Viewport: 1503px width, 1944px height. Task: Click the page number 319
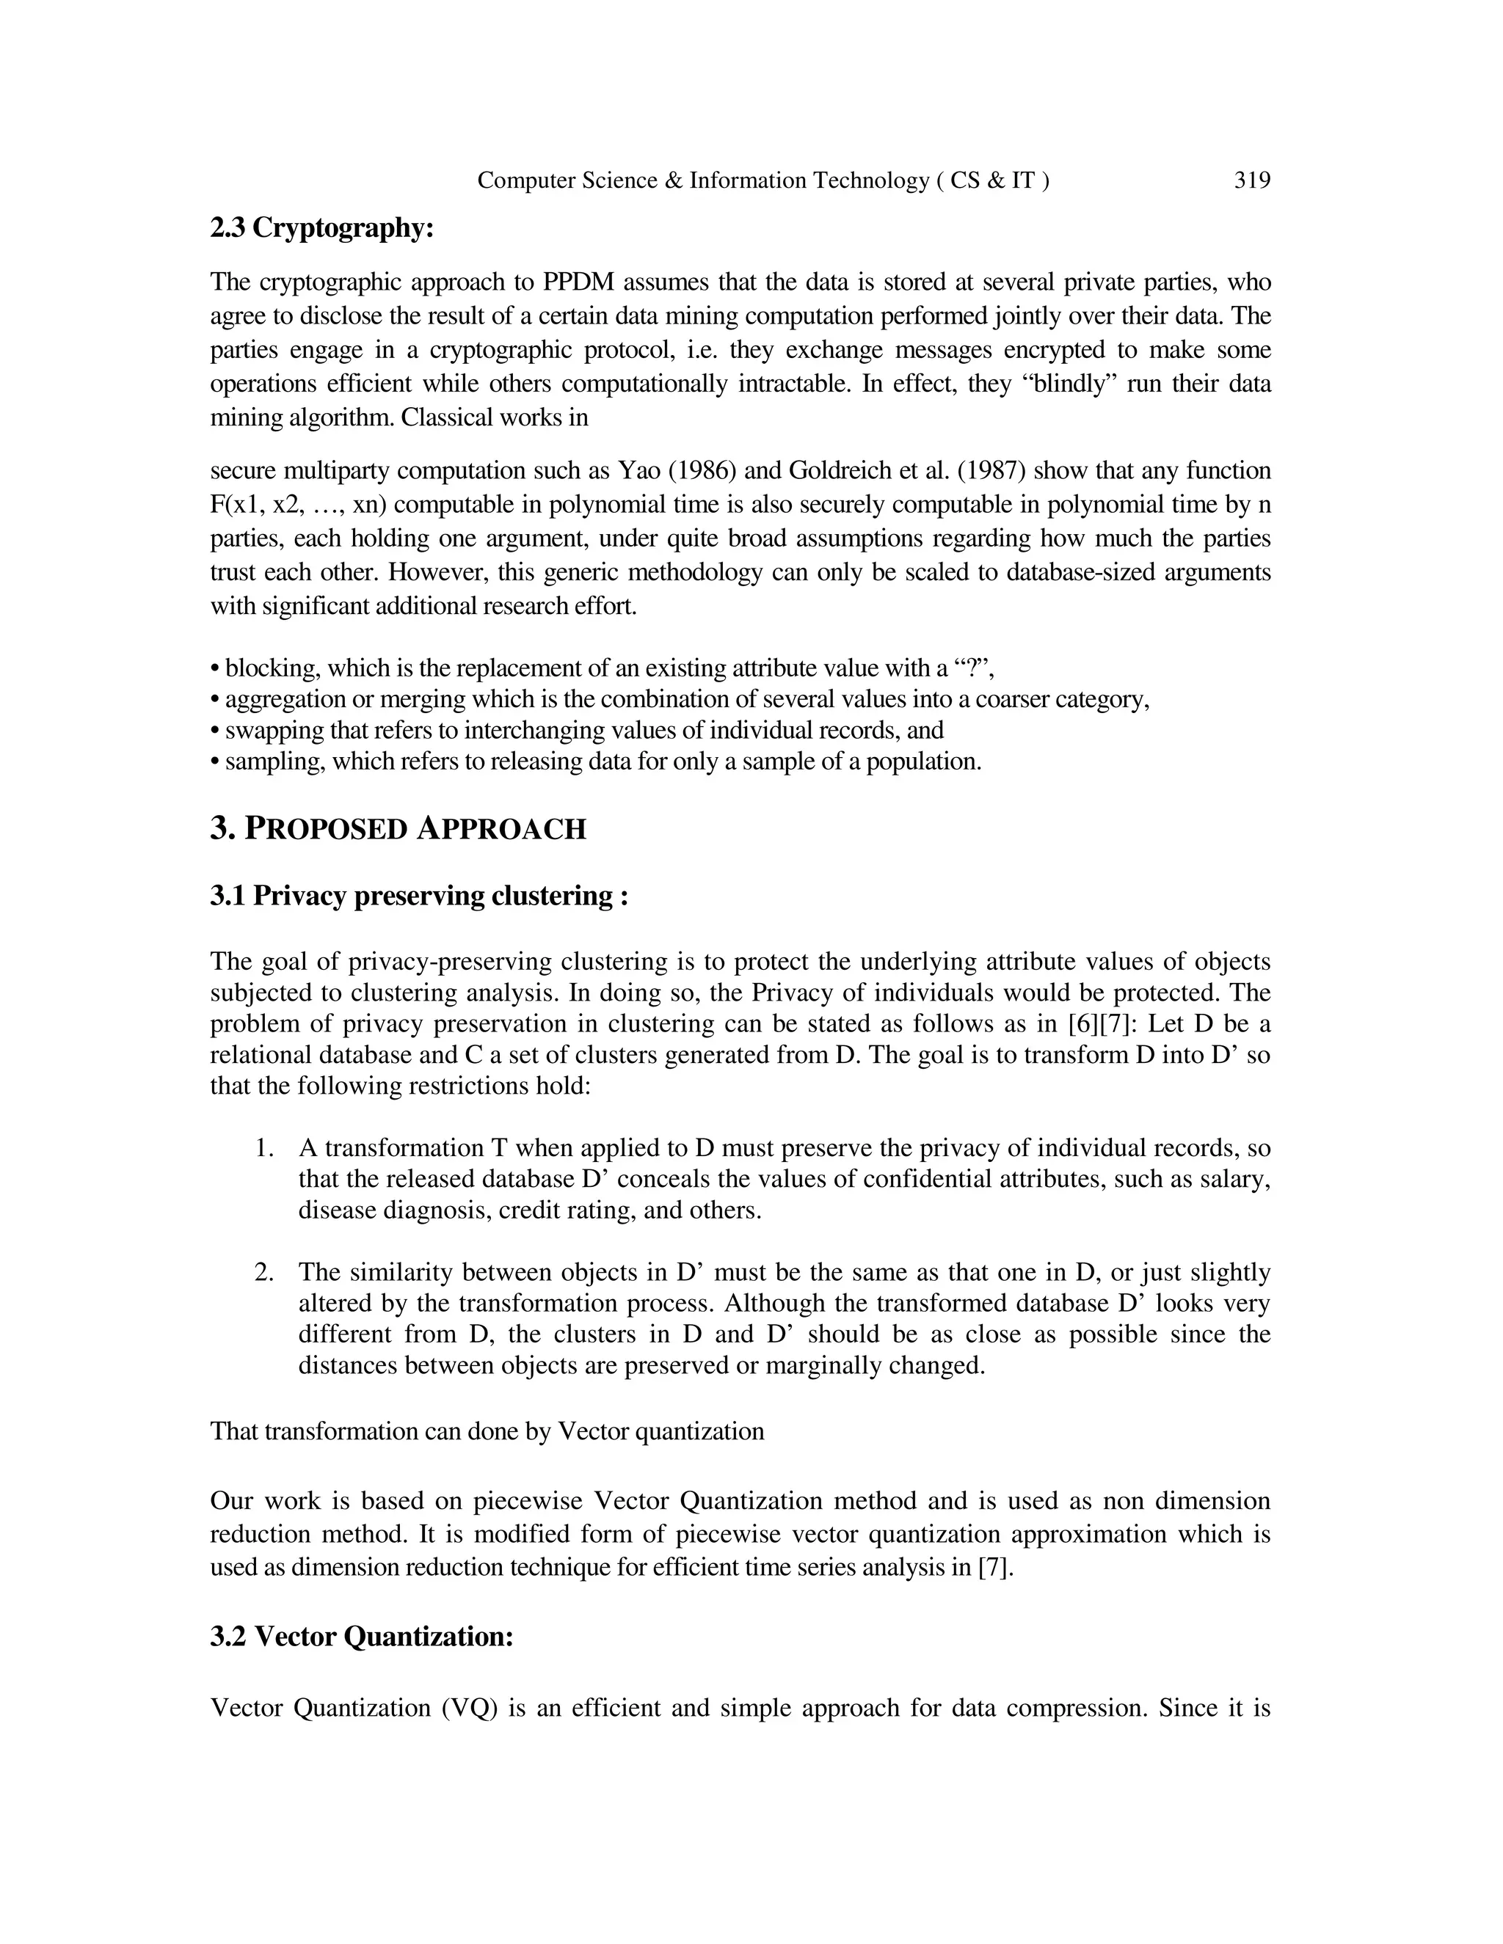pos(1252,180)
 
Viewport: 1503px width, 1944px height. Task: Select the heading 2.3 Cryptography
pos(321,229)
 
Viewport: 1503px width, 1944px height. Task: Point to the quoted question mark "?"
pos(973,668)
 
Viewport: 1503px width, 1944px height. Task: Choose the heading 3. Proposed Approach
pos(398,829)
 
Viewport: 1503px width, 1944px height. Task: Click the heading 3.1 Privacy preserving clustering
pos(418,896)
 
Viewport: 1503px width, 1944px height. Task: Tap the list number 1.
pos(263,1148)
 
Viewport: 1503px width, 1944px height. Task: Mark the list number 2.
pos(263,1272)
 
